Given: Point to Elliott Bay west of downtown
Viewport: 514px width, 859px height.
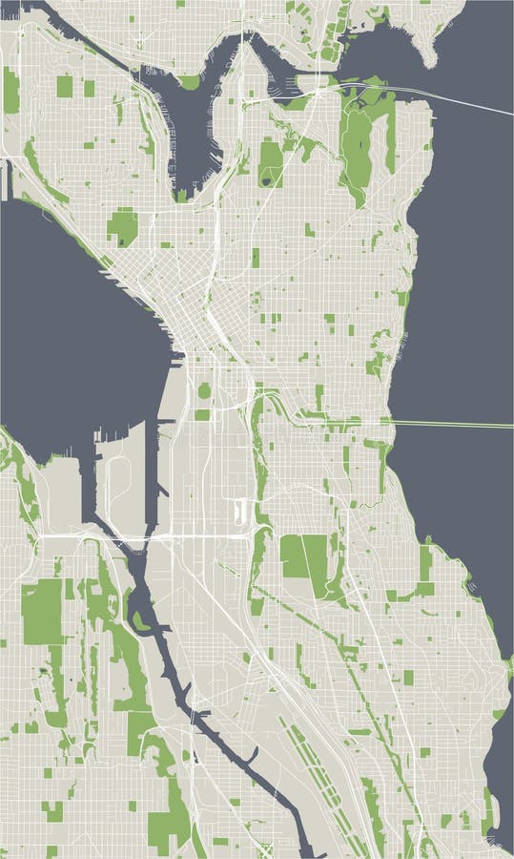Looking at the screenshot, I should coord(76,315).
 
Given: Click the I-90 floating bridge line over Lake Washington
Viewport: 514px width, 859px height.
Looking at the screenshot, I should coord(448,424).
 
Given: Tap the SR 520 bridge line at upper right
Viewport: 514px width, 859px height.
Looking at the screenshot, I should coord(458,99).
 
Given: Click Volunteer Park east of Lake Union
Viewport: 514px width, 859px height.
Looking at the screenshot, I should coord(270,162).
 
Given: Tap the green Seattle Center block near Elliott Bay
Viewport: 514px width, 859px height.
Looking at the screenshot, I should coord(122,227).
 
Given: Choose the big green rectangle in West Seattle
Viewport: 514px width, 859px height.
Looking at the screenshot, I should coord(41,611).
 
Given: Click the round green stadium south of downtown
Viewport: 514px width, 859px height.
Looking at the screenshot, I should coord(203,389).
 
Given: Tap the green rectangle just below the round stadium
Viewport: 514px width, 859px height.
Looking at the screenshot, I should coord(203,414).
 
